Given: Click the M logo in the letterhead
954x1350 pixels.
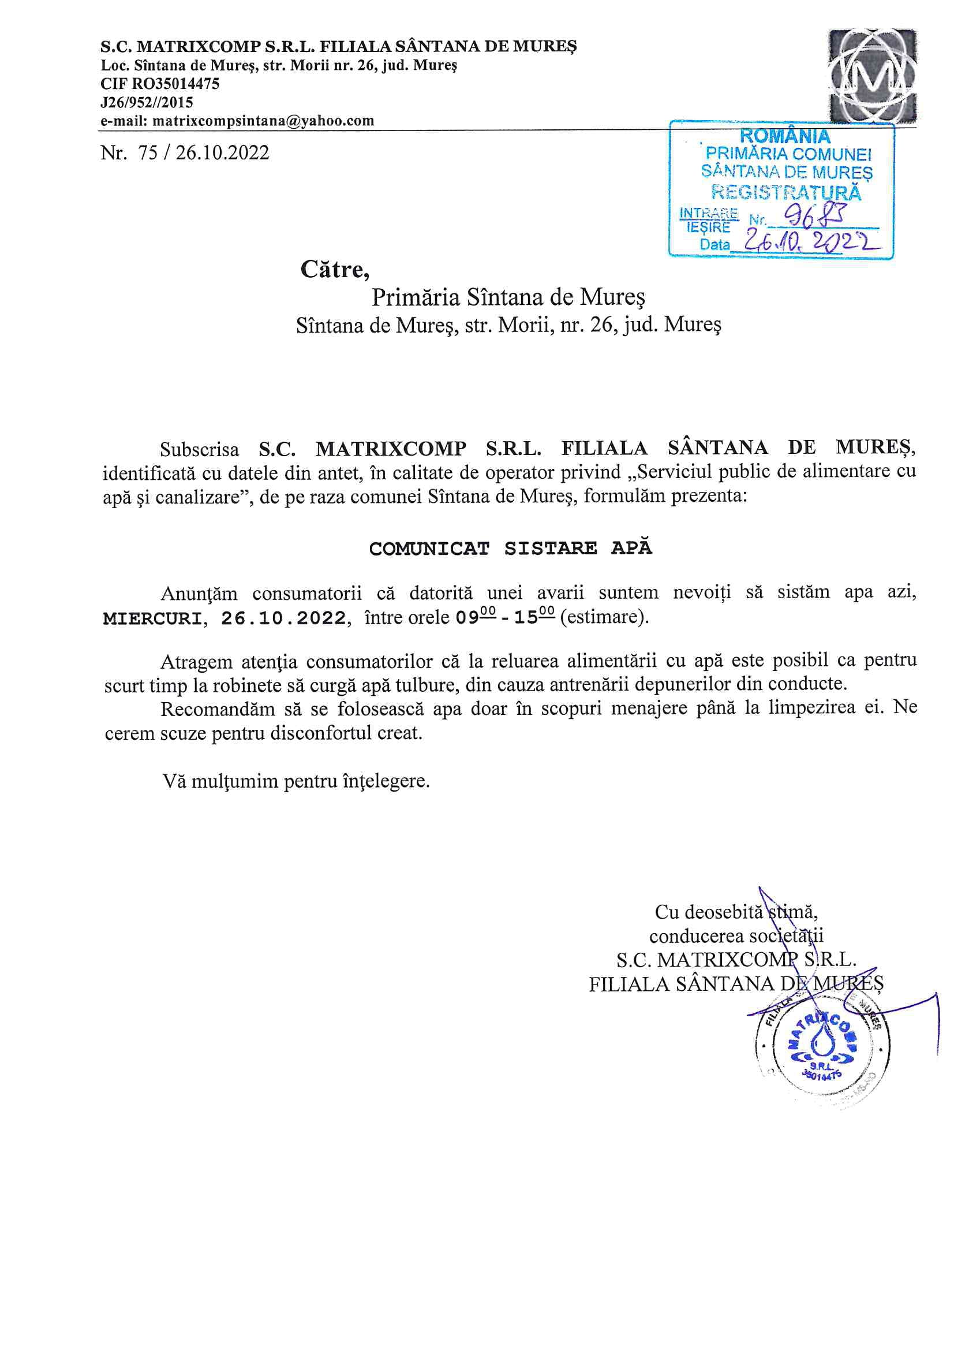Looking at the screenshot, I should click(871, 74).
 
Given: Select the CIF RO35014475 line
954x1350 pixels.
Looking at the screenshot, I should click(160, 84).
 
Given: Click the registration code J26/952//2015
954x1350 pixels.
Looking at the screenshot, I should click(147, 103).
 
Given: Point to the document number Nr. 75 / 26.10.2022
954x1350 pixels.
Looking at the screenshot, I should click(185, 153).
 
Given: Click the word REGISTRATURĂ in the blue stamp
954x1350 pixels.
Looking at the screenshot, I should click(786, 192).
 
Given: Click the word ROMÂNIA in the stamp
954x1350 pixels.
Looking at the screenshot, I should click(785, 136).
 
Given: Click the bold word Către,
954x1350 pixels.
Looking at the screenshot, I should click(335, 270).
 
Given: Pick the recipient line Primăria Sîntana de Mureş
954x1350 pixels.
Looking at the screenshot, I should click(508, 297).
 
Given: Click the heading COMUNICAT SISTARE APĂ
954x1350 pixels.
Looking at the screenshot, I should click(510, 548).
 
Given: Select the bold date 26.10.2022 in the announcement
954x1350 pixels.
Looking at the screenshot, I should click(283, 618).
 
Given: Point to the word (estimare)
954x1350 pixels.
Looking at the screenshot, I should click(604, 617).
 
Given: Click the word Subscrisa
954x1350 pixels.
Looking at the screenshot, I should click(199, 450).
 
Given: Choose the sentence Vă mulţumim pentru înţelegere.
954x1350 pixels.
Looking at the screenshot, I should click(296, 781).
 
